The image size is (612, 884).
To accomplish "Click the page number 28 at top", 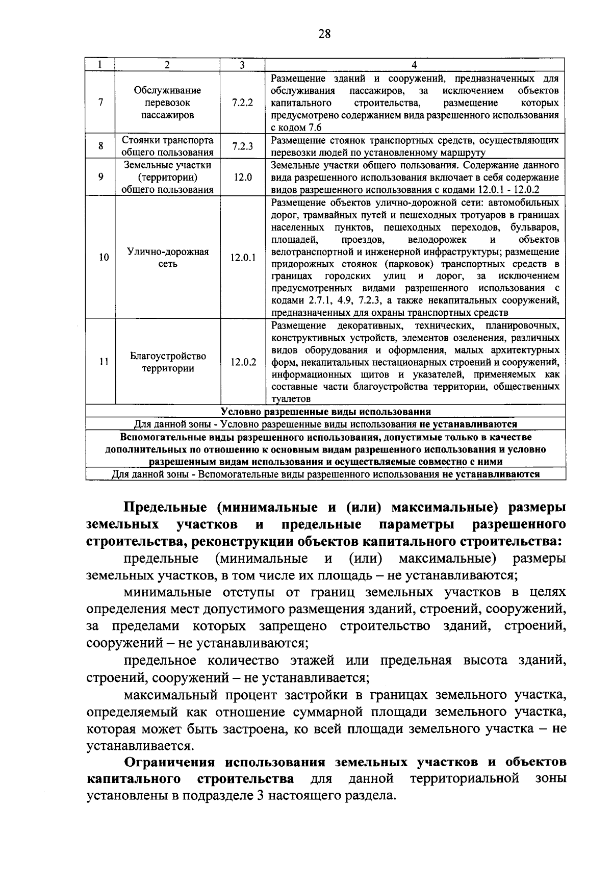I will tap(324, 34).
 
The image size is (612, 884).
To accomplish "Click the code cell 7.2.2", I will tap(242, 103).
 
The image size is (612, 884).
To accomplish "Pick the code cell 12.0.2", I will tap(243, 362).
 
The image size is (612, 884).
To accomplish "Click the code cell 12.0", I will tap(243, 178).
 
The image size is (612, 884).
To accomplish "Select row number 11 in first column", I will tap(104, 362).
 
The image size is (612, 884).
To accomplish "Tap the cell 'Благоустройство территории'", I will tap(168, 362).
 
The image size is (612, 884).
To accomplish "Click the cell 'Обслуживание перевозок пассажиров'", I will tap(168, 103).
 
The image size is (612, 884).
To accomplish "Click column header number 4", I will tap(414, 65).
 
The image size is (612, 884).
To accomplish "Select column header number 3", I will tap(242, 65).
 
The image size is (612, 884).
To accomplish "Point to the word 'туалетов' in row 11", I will tap(291, 399).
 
